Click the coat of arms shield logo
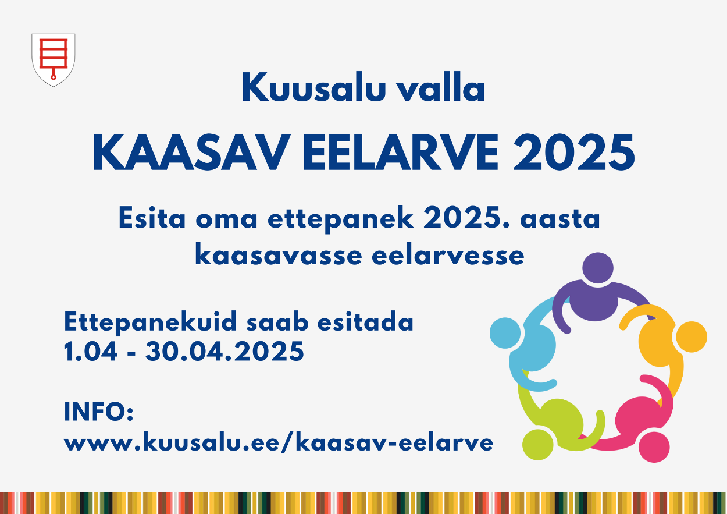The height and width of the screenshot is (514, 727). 54,60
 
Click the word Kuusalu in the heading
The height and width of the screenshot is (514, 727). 314,88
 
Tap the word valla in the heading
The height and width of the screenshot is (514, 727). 441,88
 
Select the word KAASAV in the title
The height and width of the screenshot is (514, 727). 191,152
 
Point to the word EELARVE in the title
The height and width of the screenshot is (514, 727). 400,152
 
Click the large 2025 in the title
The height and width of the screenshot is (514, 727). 573,152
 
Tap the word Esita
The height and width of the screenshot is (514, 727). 152,218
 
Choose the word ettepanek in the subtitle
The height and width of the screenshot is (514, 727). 340,219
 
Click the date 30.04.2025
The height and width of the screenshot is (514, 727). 224,351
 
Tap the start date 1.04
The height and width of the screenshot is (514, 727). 90,351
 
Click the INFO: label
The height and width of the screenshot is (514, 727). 99,412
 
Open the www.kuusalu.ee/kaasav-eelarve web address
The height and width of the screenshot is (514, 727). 279,442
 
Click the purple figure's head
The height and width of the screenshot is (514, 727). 598,268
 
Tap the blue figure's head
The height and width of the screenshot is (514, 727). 505,333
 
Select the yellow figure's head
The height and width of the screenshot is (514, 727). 692,336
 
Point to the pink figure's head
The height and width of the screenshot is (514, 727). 654,446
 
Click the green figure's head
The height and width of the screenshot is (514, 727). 538,445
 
